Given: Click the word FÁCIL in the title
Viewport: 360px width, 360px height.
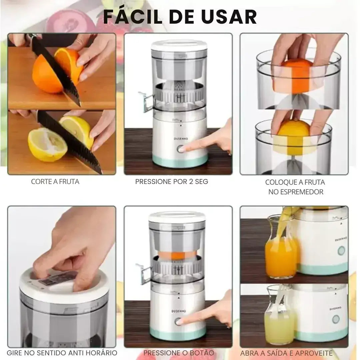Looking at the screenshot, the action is [x=133, y=17].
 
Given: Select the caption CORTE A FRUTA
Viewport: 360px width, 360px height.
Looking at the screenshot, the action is [x=55, y=182].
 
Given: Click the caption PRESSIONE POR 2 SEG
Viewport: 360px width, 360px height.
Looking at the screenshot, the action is [x=172, y=182].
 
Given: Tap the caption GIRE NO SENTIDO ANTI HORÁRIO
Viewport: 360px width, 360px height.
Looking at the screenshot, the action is [x=62, y=353].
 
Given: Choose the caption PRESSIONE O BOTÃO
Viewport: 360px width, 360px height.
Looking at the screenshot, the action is [x=179, y=353].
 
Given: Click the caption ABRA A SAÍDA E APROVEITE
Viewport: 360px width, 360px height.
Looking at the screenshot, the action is [x=286, y=353].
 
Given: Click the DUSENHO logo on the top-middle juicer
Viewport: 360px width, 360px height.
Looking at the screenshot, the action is [x=181, y=139].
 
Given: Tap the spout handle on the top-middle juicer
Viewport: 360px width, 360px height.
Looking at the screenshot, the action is [x=145, y=101].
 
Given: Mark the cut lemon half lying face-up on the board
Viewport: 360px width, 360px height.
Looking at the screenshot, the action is [x=47, y=144].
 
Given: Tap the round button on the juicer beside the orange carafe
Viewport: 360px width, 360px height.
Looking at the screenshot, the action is [x=341, y=251].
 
